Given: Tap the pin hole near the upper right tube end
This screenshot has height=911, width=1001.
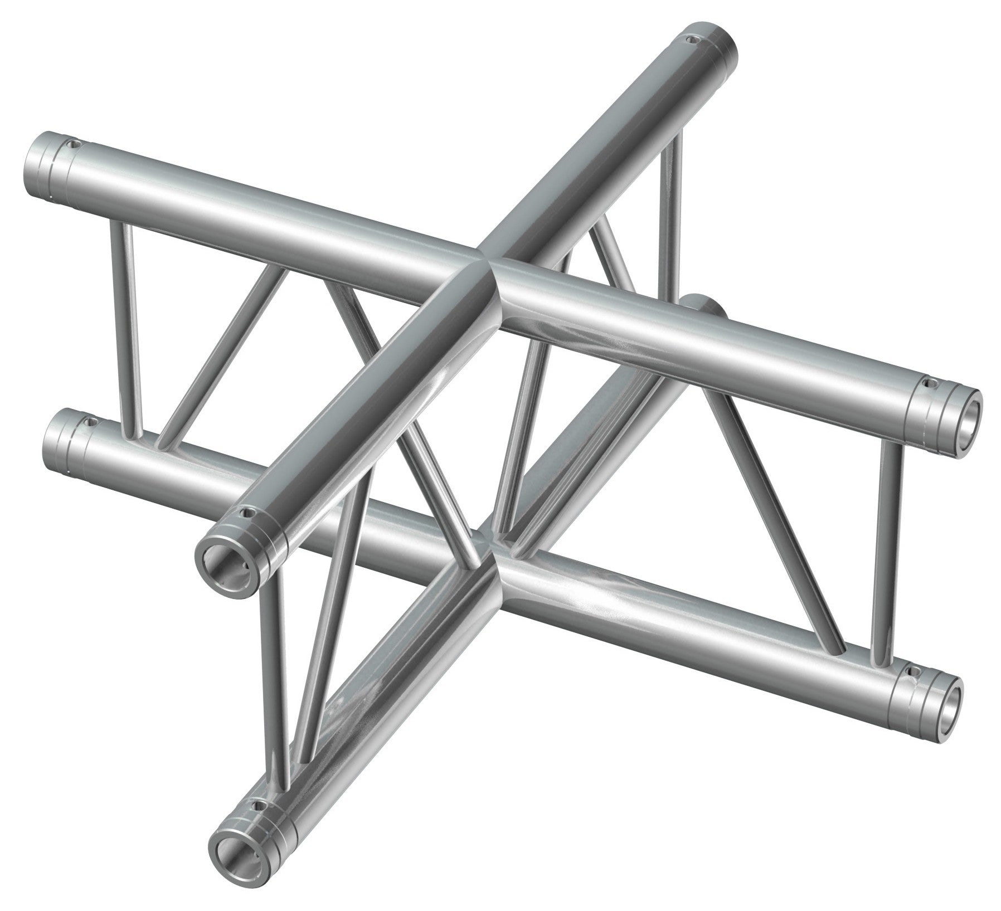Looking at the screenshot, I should tap(928, 384).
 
